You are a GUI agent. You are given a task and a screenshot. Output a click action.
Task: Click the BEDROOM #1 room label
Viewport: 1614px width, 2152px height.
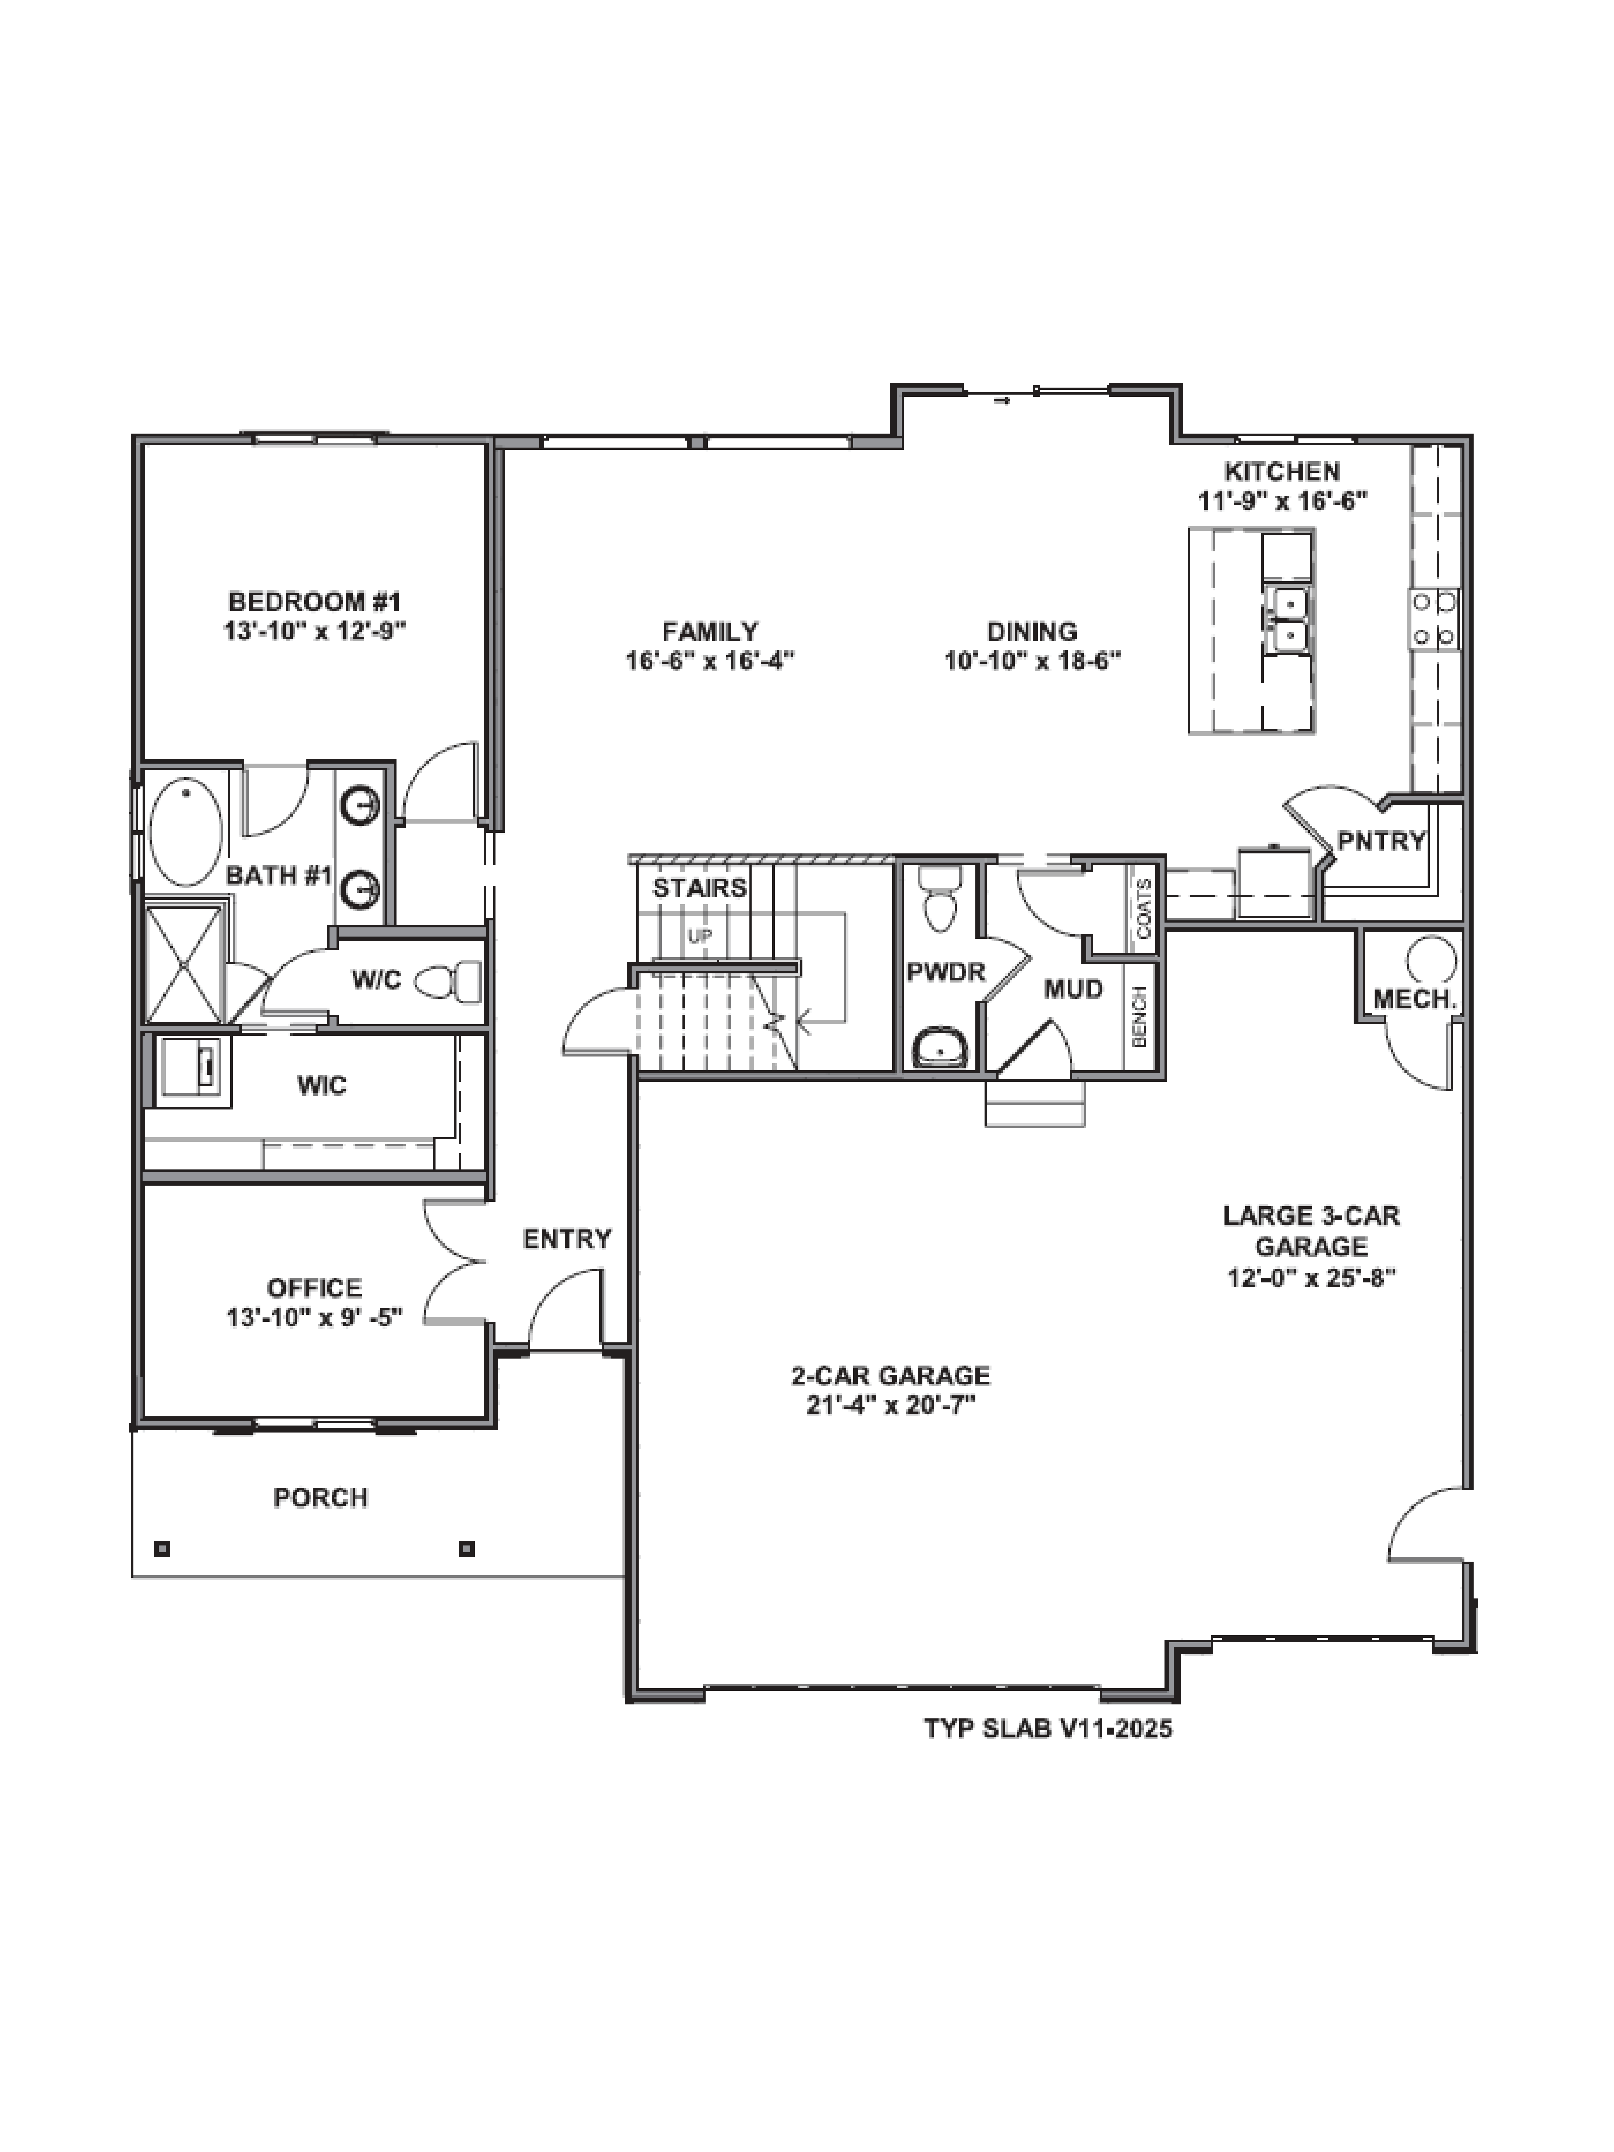pos(314,601)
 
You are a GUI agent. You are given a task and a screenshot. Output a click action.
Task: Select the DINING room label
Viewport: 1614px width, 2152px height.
pos(1031,631)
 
